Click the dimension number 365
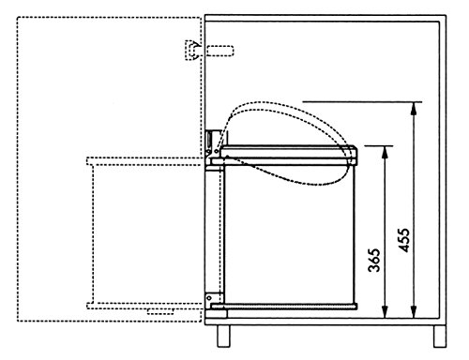[374, 260]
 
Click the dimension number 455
[403, 240]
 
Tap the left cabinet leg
[223, 336]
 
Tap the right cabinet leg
[440, 336]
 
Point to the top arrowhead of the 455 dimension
[414, 110]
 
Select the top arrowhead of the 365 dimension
[385, 153]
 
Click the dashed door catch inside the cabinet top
[220, 51]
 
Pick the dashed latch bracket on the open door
[192, 50]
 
